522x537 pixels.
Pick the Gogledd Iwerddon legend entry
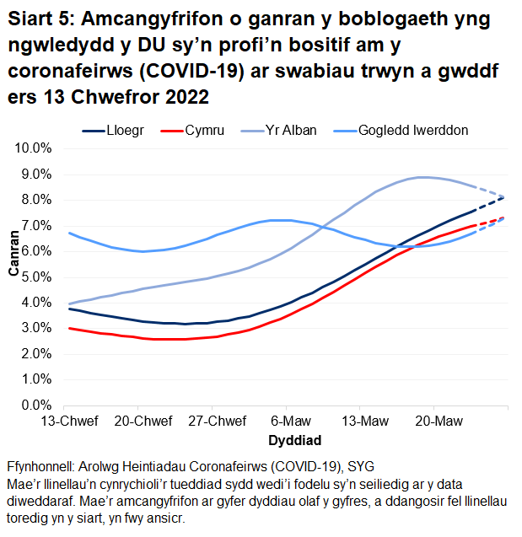pos(412,131)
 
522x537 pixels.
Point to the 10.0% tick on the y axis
pos(35,148)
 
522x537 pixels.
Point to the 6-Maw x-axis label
pos(291,422)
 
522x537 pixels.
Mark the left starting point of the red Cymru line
pos(70,328)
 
